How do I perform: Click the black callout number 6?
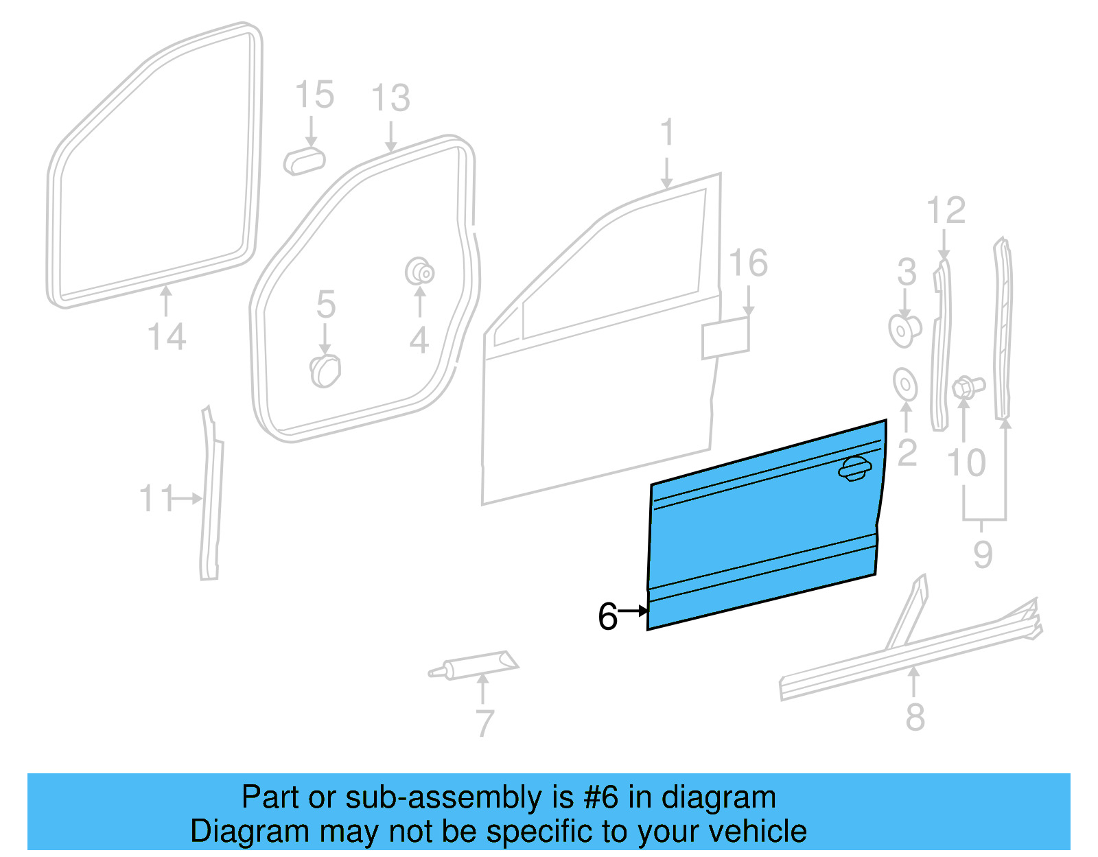click(607, 616)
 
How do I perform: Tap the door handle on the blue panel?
click(854, 469)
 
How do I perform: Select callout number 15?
click(314, 95)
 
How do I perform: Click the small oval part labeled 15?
click(304, 161)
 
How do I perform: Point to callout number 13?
click(390, 98)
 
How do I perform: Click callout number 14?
click(167, 338)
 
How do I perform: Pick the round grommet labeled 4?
click(420, 272)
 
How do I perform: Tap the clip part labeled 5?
click(325, 371)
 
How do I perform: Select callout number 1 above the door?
click(667, 132)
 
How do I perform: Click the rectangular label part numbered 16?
click(725, 337)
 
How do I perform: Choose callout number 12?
click(946, 210)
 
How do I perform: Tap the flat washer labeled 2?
click(905, 384)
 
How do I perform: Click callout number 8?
click(915, 716)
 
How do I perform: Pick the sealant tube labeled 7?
click(474, 665)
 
